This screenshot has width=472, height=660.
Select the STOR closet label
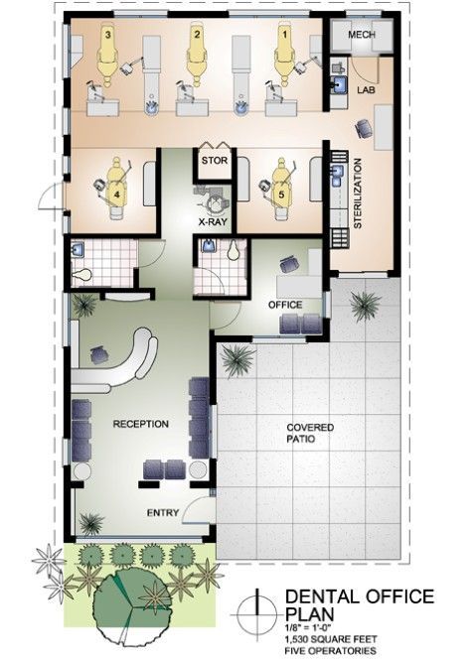214,159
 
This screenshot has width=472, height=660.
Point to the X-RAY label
214,223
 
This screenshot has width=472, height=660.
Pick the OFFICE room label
286,305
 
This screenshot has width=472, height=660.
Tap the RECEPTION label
141,424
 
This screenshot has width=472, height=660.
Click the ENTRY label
162,513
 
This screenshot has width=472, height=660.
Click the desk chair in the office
289,263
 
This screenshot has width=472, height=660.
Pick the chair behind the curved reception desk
100,353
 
